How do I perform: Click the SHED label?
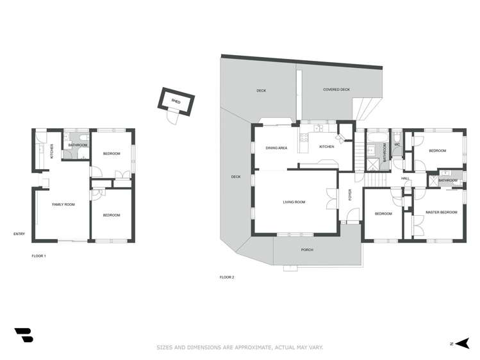click(x=176, y=101)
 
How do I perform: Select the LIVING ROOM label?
click(x=294, y=202)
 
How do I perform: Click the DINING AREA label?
click(x=276, y=148)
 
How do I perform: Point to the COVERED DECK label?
click(x=336, y=90)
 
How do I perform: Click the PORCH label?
click(x=306, y=249)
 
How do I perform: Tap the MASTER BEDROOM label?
click(x=441, y=212)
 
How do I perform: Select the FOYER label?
click(x=350, y=195)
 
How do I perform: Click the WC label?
click(x=397, y=145)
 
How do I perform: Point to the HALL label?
click(x=405, y=178)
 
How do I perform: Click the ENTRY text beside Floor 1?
click(x=19, y=234)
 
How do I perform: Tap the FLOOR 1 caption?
click(x=39, y=256)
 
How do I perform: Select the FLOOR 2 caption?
click(x=227, y=277)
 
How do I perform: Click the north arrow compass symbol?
click(x=462, y=343)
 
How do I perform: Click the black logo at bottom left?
click(x=23, y=335)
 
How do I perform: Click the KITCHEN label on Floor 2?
click(x=327, y=147)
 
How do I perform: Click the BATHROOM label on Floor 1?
click(x=78, y=145)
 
